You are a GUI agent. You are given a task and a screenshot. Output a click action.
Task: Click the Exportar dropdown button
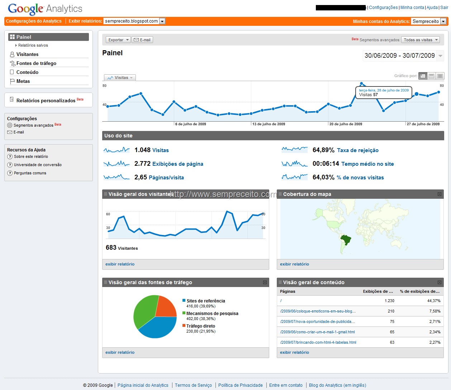tap(118, 40)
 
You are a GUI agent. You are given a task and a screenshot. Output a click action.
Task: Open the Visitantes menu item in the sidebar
tap(27, 54)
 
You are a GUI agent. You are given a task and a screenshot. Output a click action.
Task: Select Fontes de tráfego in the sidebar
tap(36, 64)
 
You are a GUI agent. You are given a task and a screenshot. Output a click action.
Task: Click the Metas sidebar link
tap(23, 81)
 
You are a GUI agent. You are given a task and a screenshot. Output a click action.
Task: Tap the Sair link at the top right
tap(444, 8)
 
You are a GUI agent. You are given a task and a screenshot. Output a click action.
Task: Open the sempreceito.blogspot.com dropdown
tap(134, 21)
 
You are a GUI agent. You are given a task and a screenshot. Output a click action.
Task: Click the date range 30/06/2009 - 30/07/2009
tap(400, 56)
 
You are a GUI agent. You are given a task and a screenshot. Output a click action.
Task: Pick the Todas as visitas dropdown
tap(420, 40)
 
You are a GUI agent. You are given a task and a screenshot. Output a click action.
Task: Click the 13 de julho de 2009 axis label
tap(269, 124)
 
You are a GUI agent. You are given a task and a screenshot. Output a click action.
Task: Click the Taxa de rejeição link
tap(358, 150)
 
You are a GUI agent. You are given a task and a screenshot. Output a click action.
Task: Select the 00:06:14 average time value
tap(326, 164)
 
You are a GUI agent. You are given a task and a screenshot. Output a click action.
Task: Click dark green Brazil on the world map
tap(346, 240)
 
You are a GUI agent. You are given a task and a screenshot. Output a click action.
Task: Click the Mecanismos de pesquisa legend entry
tap(212, 313)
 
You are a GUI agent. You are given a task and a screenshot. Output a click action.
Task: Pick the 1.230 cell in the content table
tap(389, 301)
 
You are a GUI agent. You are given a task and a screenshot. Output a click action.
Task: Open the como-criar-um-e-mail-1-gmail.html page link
tap(318, 332)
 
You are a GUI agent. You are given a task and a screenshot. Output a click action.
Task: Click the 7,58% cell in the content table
tap(435, 311)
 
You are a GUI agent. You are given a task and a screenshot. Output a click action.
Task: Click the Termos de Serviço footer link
tap(193, 385)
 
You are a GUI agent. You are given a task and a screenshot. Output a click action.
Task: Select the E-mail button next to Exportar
tap(142, 40)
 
